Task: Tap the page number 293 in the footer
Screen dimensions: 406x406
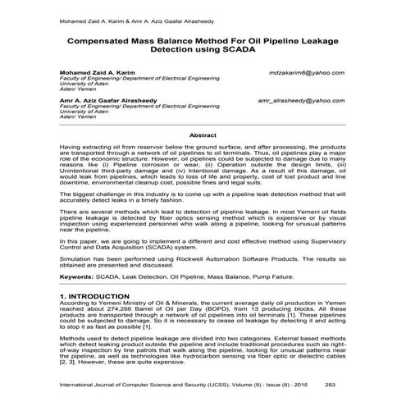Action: click(331, 383)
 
